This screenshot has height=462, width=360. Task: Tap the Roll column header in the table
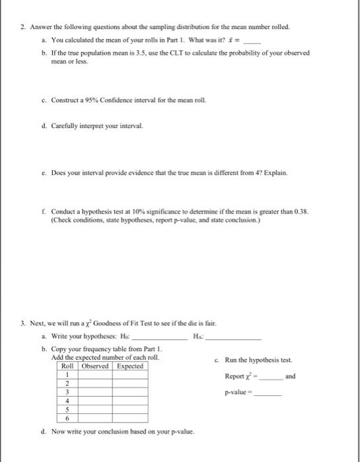pos(67,365)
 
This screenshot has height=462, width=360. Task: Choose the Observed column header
pos(94,365)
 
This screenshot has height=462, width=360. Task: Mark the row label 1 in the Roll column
pos(67,374)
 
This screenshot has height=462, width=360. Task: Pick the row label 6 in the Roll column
pos(67,418)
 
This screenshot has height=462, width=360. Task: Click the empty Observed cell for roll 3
pos(94,391)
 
